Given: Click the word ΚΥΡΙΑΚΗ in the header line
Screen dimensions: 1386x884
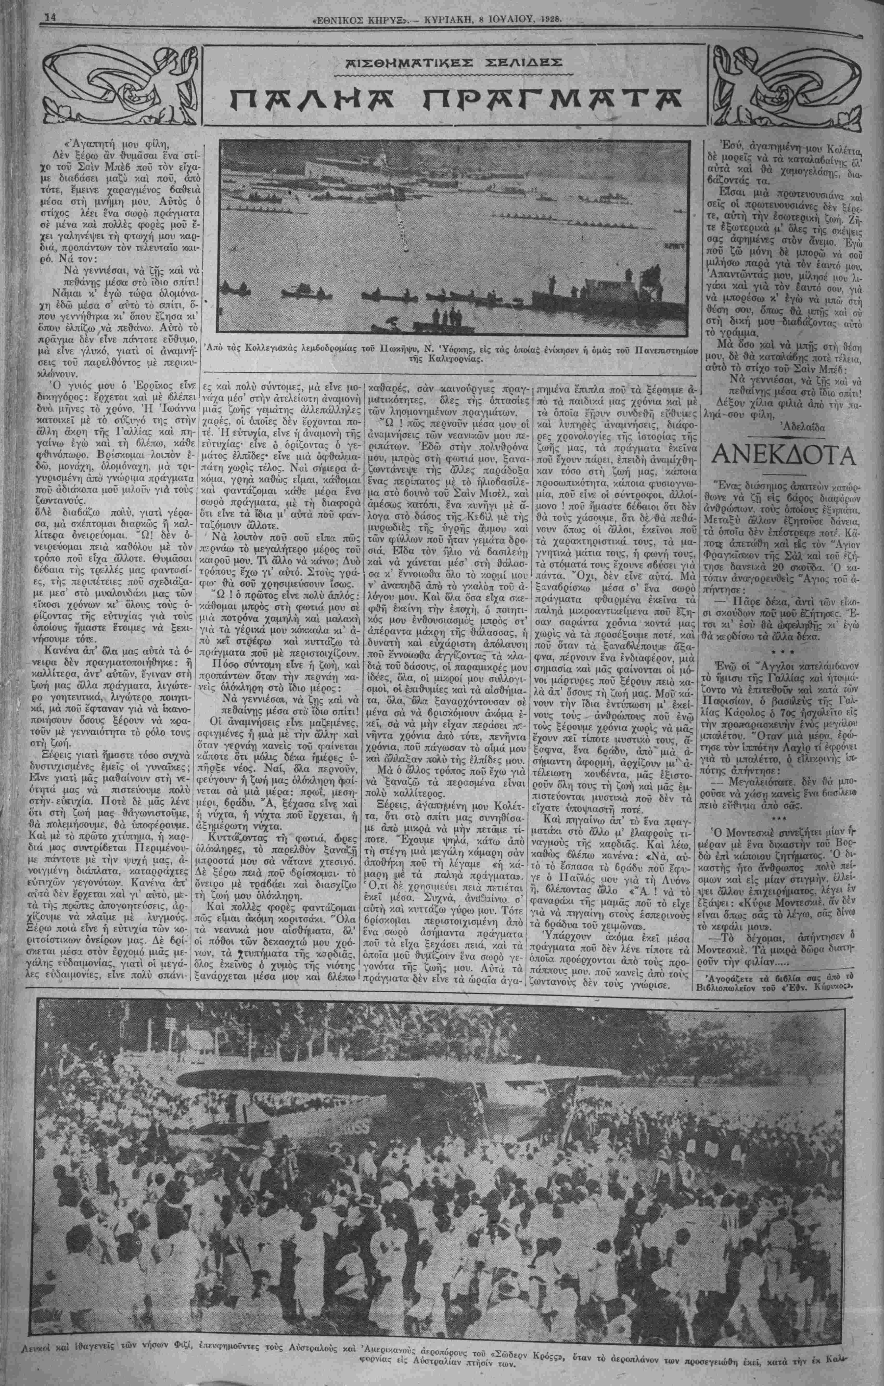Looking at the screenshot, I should [x=447, y=18].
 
